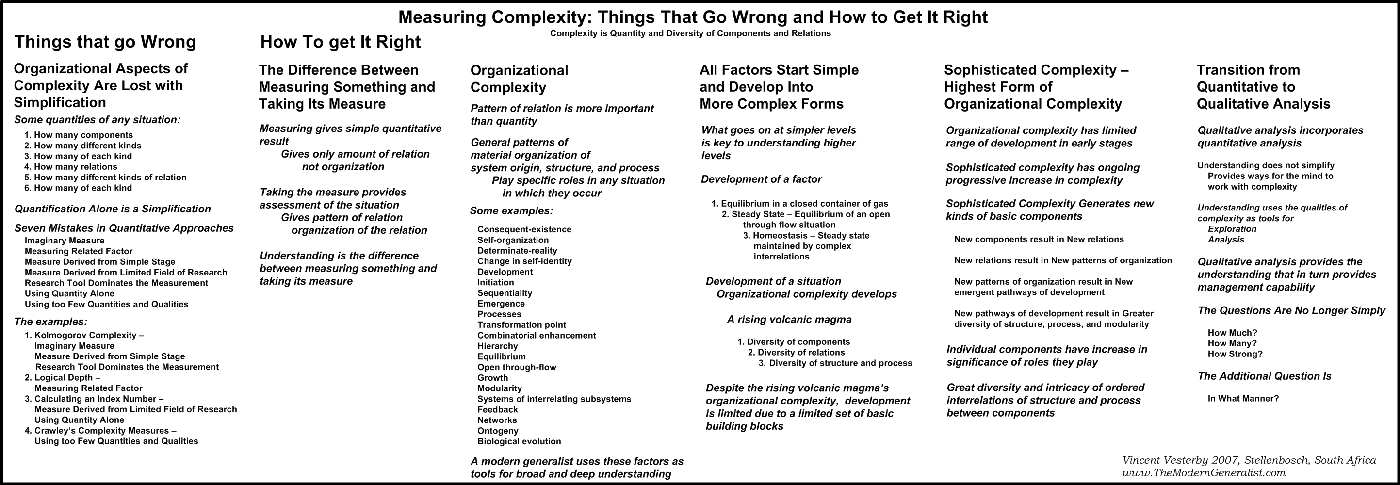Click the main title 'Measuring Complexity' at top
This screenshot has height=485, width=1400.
(692, 17)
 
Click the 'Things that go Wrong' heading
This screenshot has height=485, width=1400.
(105, 42)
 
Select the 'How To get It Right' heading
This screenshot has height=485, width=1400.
(340, 42)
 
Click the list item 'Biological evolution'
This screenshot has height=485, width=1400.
(519, 441)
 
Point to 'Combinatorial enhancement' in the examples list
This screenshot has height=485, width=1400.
(537, 336)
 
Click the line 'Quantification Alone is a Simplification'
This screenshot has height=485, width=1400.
(113, 209)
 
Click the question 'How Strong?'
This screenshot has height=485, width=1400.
(1235, 354)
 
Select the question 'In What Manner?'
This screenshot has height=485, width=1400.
(1243, 399)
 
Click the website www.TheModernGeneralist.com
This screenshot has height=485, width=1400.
(1204, 473)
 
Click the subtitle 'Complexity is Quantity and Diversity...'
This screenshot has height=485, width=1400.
(690, 33)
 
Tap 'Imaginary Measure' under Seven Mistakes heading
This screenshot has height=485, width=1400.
(64, 241)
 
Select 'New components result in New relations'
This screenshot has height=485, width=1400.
(1039, 240)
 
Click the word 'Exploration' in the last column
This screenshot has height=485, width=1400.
(1232, 229)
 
